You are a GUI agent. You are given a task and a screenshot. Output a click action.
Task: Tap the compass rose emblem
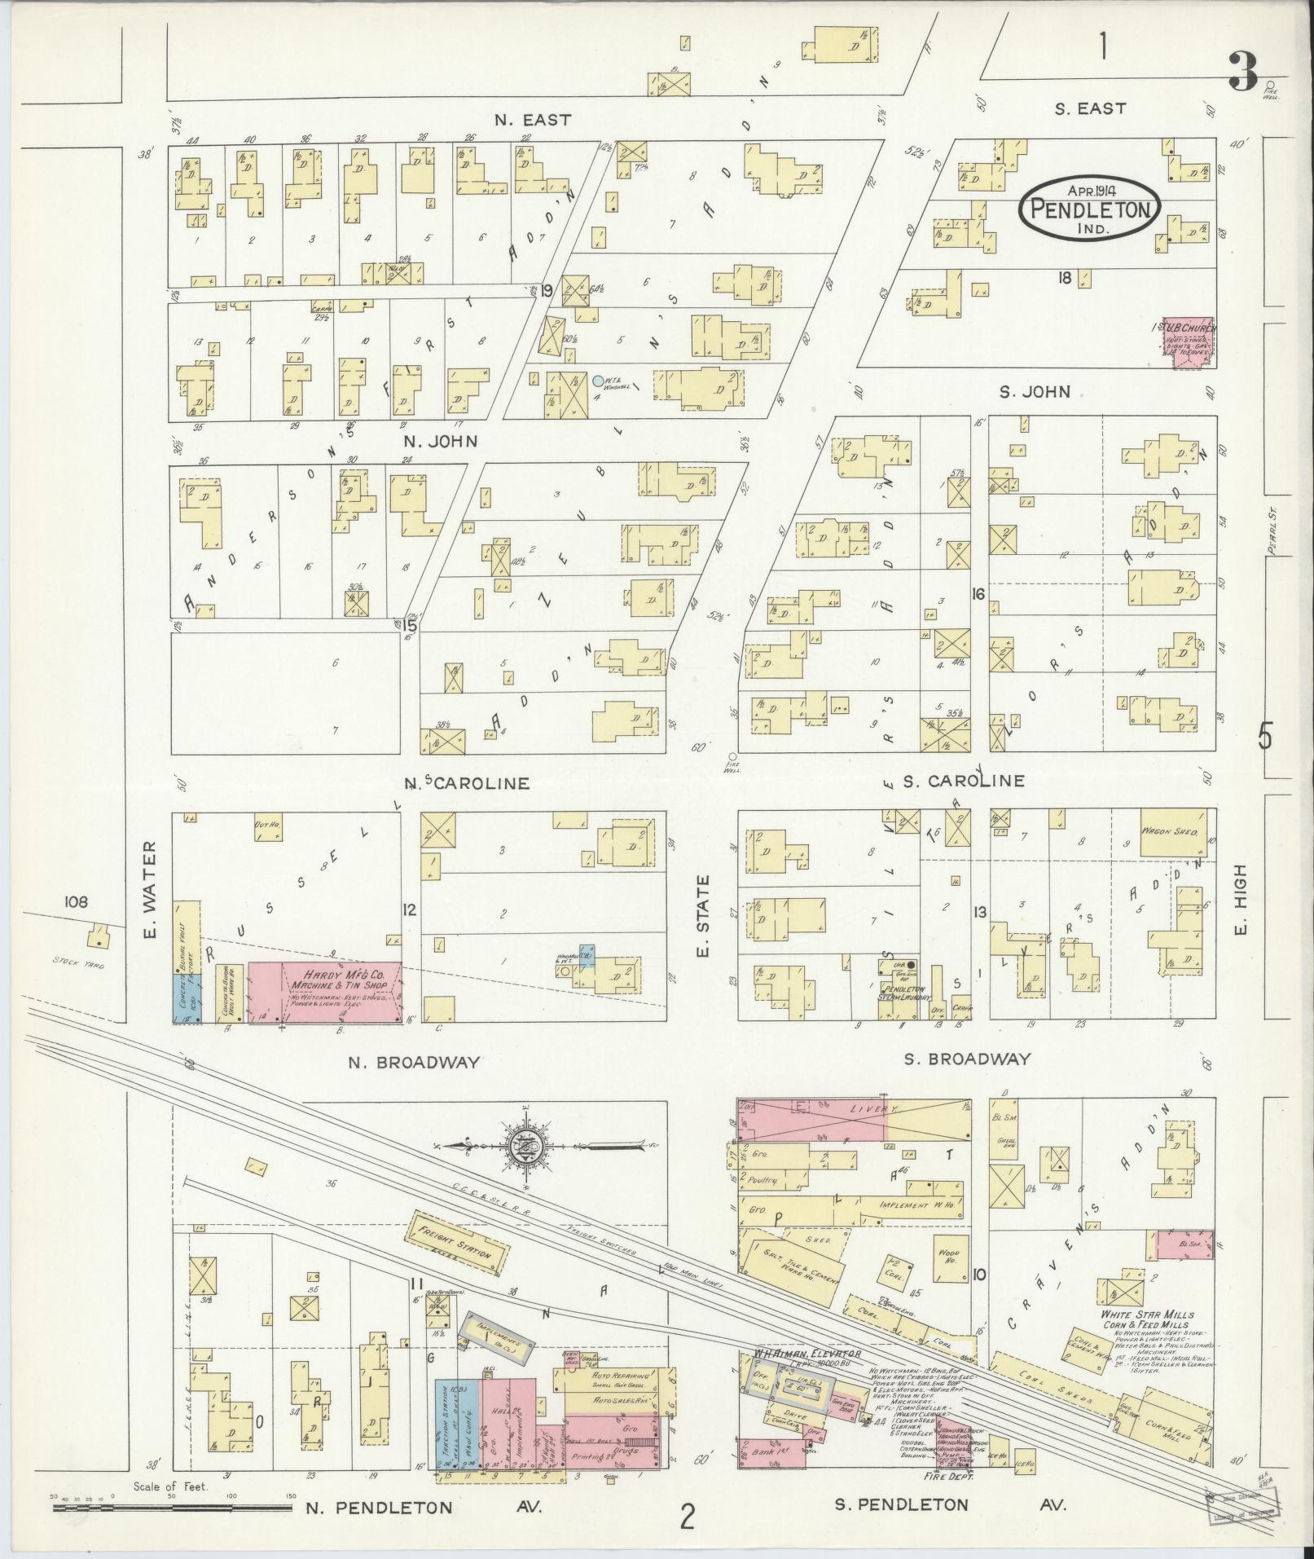pos(525,1147)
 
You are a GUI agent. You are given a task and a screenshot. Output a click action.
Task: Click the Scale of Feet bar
pos(171,1508)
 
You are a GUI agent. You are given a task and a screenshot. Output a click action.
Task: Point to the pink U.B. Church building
pos(1188,343)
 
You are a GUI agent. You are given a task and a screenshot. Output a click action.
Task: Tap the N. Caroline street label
pos(468,783)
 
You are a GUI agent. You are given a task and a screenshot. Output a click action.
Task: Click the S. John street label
pos(1035,392)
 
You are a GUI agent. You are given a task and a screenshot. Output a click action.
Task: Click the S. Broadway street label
pos(968,1059)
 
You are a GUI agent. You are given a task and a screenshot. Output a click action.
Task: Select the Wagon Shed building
pos(1173,832)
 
